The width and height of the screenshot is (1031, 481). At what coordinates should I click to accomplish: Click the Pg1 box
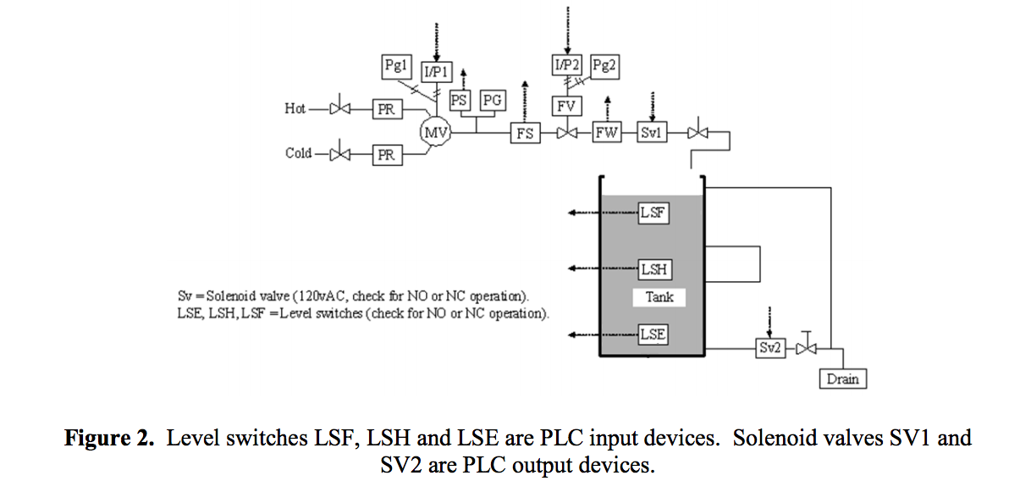coord(395,65)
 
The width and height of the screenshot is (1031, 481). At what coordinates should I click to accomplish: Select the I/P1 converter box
coord(435,72)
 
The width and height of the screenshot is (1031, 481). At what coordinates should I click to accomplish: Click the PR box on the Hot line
coord(387,110)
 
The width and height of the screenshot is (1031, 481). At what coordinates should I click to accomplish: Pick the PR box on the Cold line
coord(387,155)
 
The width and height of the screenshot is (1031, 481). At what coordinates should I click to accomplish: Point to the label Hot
coord(295,108)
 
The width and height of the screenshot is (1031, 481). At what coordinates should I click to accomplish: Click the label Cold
coord(298,153)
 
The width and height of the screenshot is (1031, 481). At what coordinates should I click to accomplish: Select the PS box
coord(460,100)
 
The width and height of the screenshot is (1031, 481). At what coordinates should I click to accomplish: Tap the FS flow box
coord(525,133)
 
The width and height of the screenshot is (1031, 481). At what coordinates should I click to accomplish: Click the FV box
coord(566,106)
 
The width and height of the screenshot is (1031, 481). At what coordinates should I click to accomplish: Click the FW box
coord(606,133)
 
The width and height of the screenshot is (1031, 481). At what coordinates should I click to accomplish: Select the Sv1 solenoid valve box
coord(650,133)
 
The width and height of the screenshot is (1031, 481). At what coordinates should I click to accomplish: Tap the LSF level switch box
coord(653,213)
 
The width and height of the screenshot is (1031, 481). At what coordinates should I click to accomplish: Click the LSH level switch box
coord(653,269)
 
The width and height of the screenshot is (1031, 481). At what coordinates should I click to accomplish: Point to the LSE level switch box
coord(652,334)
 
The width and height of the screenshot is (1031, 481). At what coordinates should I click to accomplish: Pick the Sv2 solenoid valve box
coord(770,348)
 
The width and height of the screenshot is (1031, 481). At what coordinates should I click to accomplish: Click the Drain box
coord(842,379)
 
